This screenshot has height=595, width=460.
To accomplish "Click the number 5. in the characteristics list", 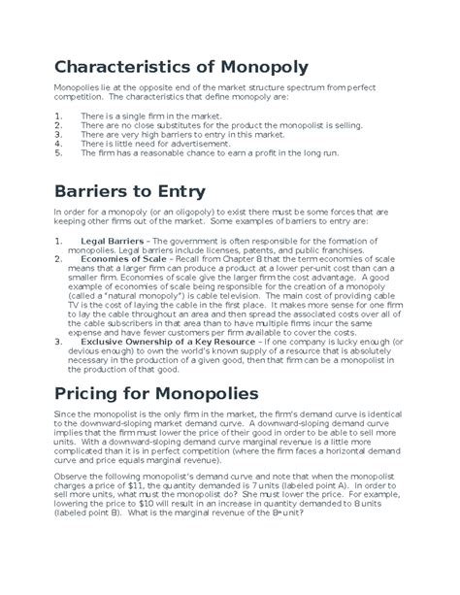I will click(x=58, y=151).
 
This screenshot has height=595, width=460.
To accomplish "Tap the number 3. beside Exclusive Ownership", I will click(x=58, y=342).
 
